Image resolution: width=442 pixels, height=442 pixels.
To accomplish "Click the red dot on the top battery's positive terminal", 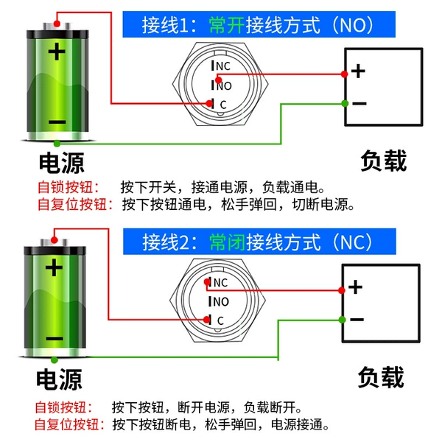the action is [x=57, y=24].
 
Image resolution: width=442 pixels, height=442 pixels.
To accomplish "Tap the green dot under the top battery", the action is [x=57, y=144].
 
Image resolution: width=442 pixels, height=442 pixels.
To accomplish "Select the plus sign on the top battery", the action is [x=57, y=52].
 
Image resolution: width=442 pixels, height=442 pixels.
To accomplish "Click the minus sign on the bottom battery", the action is [x=55, y=338].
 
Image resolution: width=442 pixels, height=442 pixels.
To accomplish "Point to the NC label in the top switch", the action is [x=223, y=66].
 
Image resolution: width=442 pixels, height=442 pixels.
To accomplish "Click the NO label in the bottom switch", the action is [x=221, y=302].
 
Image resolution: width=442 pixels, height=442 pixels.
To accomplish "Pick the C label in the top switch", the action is [x=223, y=105].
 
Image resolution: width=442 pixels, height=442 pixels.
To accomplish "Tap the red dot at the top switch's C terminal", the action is [x=209, y=103].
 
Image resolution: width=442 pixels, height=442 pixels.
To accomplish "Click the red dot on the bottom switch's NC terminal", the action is [x=207, y=281].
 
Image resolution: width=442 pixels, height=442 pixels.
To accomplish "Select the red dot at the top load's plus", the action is [x=344, y=74].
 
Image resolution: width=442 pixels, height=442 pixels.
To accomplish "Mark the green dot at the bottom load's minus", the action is [x=343, y=320].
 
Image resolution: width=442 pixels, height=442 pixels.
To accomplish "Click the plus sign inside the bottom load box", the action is [x=356, y=287].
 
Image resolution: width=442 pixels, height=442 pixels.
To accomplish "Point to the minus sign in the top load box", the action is [x=359, y=103].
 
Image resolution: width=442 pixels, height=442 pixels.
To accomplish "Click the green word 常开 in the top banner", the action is [x=227, y=25].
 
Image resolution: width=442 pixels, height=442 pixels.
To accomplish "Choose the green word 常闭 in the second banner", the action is [x=227, y=242].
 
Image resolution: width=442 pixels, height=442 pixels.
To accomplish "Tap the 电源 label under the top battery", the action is [x=62, y=163].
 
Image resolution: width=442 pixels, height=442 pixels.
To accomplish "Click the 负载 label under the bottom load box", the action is [x=381, y=377].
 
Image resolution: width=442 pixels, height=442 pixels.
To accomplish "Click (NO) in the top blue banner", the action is [x=353, y=25].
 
